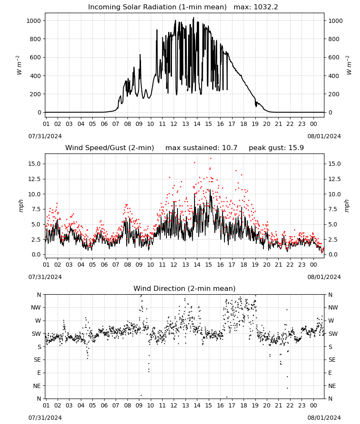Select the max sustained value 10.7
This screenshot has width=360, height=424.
tap(230, 148)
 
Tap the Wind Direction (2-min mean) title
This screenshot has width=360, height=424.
tap(185, 288)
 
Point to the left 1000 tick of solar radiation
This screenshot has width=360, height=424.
tap(33, 21)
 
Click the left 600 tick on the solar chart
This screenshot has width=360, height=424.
tap(36, 57)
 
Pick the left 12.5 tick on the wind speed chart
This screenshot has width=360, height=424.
tap(34, 179)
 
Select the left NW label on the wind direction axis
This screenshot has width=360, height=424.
tap(36, 308)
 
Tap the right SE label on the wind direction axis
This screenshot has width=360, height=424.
tap(332, 360)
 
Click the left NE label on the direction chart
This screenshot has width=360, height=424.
tap(37, 386)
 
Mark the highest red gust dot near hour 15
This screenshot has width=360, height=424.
tap(210, 159)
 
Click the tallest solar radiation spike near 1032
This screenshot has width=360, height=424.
tap(194, 18)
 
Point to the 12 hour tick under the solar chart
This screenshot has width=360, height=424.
tap(174, 124)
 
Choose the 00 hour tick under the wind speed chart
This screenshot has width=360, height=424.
tap(313, 265)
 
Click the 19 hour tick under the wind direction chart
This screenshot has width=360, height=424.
tap(255, 406)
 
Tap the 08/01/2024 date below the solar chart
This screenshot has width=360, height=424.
tap(324, 136)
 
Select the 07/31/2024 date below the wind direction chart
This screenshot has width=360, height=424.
tap(45, 418)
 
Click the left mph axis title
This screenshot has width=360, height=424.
tap(21, 206)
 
